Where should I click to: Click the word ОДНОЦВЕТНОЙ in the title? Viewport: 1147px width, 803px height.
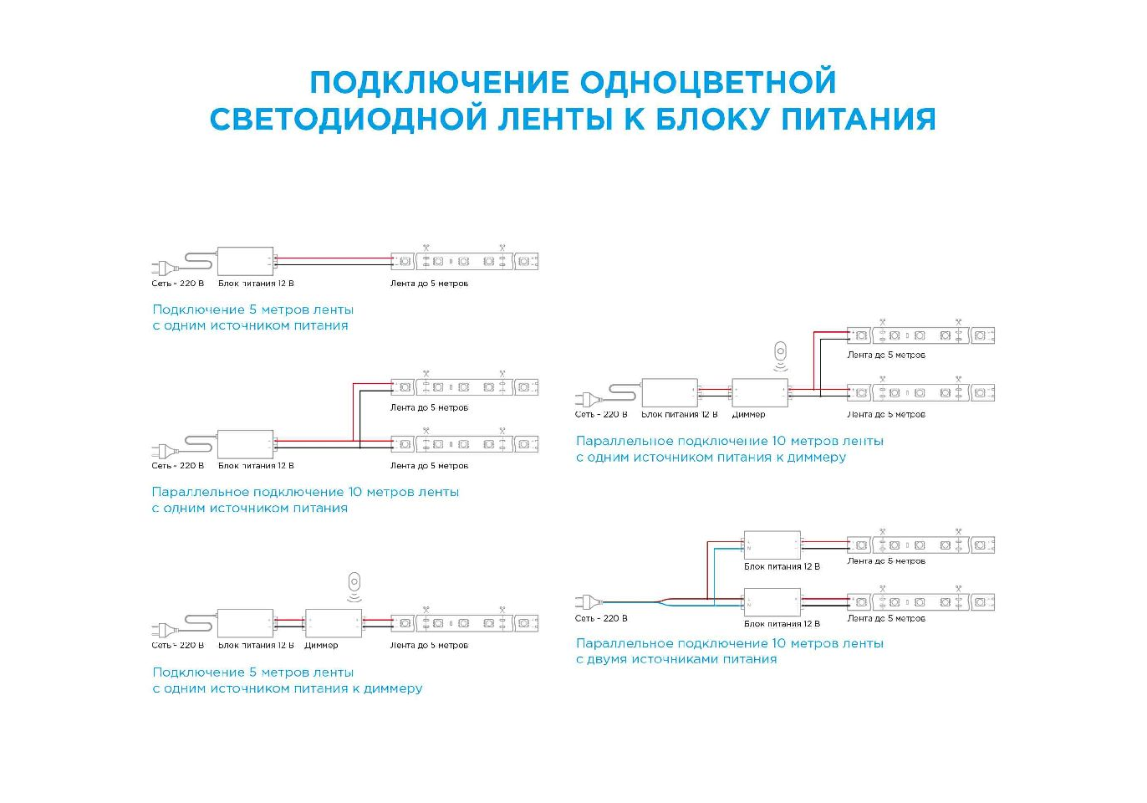707,82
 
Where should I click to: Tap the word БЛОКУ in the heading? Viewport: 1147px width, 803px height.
713,119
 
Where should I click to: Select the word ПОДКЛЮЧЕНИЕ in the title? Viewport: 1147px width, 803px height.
439,82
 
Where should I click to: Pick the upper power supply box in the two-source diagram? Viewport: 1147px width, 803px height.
772,545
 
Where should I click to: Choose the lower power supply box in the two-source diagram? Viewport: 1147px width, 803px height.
772,602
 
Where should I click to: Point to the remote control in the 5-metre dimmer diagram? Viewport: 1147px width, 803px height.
354,582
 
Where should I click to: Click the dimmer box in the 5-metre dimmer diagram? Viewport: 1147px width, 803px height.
333,623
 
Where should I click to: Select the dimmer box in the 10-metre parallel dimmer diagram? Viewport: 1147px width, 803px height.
759,392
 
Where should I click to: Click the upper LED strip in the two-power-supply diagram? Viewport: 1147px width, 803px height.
920,545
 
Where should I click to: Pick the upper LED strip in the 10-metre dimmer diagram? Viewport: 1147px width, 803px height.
920,335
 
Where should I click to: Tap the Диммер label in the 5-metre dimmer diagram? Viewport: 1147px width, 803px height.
321,646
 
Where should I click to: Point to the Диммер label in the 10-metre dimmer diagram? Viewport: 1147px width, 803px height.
748,415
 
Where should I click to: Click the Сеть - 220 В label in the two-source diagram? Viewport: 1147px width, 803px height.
601,619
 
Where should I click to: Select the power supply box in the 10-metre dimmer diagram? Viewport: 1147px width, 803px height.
669,392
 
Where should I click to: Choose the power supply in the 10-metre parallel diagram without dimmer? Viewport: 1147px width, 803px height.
245,444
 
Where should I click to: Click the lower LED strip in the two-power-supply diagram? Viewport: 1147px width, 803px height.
920,602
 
